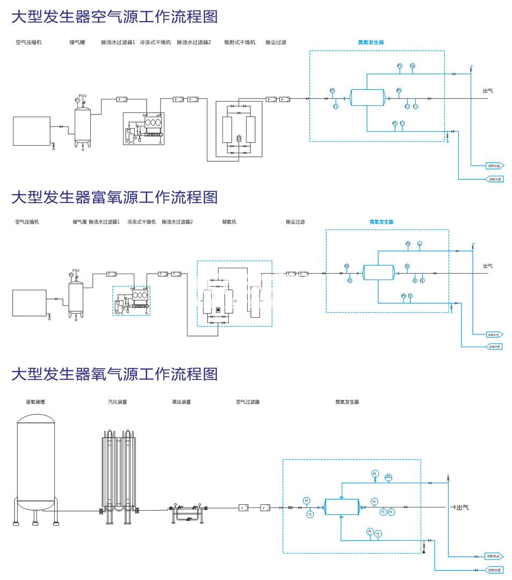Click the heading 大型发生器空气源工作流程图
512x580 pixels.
114,17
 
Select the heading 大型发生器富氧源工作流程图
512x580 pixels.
114,197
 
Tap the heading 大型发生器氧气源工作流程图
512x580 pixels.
114,374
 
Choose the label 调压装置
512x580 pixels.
181,402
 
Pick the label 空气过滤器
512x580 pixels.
248,402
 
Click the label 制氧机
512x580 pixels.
229,222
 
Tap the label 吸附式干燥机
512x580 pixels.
240,42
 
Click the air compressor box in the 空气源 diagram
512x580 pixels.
32,131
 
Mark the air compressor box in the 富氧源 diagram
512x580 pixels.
29,304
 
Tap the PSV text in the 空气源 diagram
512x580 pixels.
83,96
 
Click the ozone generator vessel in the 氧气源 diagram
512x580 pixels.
342,506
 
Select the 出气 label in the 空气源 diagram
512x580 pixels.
488,91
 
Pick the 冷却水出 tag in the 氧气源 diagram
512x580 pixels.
494,556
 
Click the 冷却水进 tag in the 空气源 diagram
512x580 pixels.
495,179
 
